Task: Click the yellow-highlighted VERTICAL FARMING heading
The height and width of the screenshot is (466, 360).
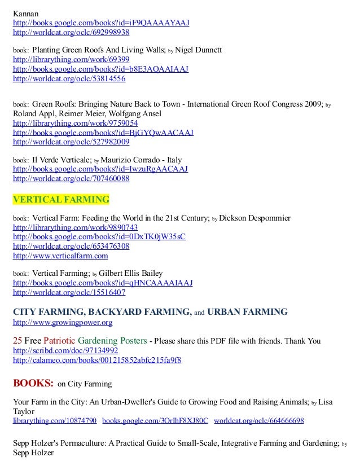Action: (x=61, y=200)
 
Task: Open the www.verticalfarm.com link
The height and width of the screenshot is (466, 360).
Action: (x=60, y=256)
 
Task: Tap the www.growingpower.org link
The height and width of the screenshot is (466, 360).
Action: (x=63, y=322)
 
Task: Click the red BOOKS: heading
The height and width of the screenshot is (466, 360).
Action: (x=33, y=384)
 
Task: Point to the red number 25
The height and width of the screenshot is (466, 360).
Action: (x=17, y=341)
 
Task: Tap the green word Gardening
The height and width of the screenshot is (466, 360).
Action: (x=97, y=341)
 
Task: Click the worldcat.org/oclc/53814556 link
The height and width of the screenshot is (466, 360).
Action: (x=69, y=79)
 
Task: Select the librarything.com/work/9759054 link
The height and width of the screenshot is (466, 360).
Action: (x=75, y=123)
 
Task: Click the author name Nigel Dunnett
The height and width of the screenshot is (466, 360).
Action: (x=199, y=50)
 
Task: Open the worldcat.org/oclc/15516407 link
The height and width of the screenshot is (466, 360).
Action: (x=69, y=293)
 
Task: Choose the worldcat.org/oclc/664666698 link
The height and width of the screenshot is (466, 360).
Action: (x=259, y=421)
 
